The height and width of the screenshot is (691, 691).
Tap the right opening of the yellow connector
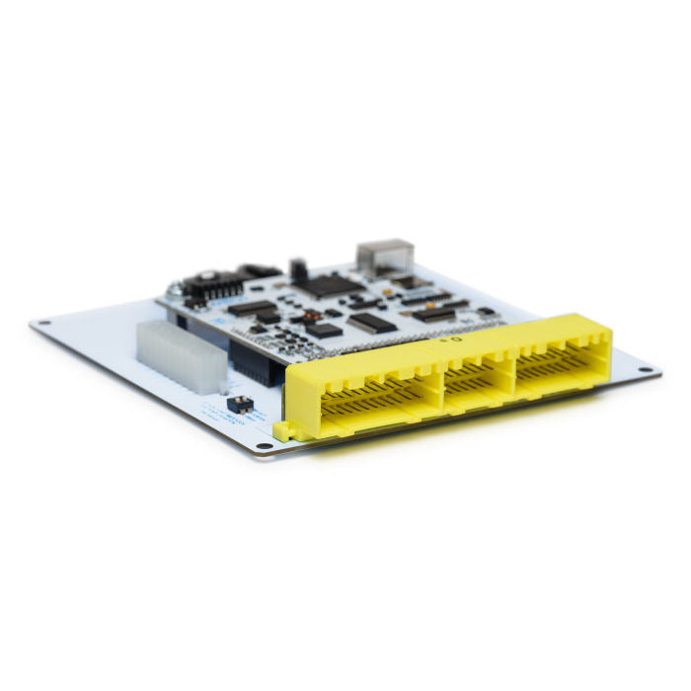click(560, 361)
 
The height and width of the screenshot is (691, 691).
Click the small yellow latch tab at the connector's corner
click(283, 430)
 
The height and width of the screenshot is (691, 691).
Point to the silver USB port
click(384, 255)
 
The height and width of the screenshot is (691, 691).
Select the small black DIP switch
click(239, 404)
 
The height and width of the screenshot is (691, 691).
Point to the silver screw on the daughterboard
click(175, 291)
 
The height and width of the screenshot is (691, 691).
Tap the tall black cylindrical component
click(295, 269)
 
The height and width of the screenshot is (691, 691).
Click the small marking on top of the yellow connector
click(451, 339)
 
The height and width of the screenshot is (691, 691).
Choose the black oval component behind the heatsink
click(259, 269)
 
